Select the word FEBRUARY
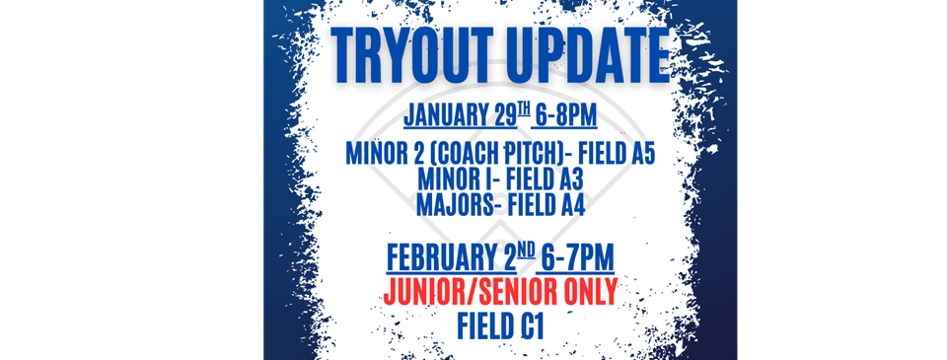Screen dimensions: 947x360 (x=438, y=257)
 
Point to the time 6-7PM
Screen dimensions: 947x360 (x=578, y=257)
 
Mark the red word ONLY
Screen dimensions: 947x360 (x=586, y=292)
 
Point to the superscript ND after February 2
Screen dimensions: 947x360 (x=527, y=250)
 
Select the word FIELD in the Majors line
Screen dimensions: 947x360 (x=531, y=205)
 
